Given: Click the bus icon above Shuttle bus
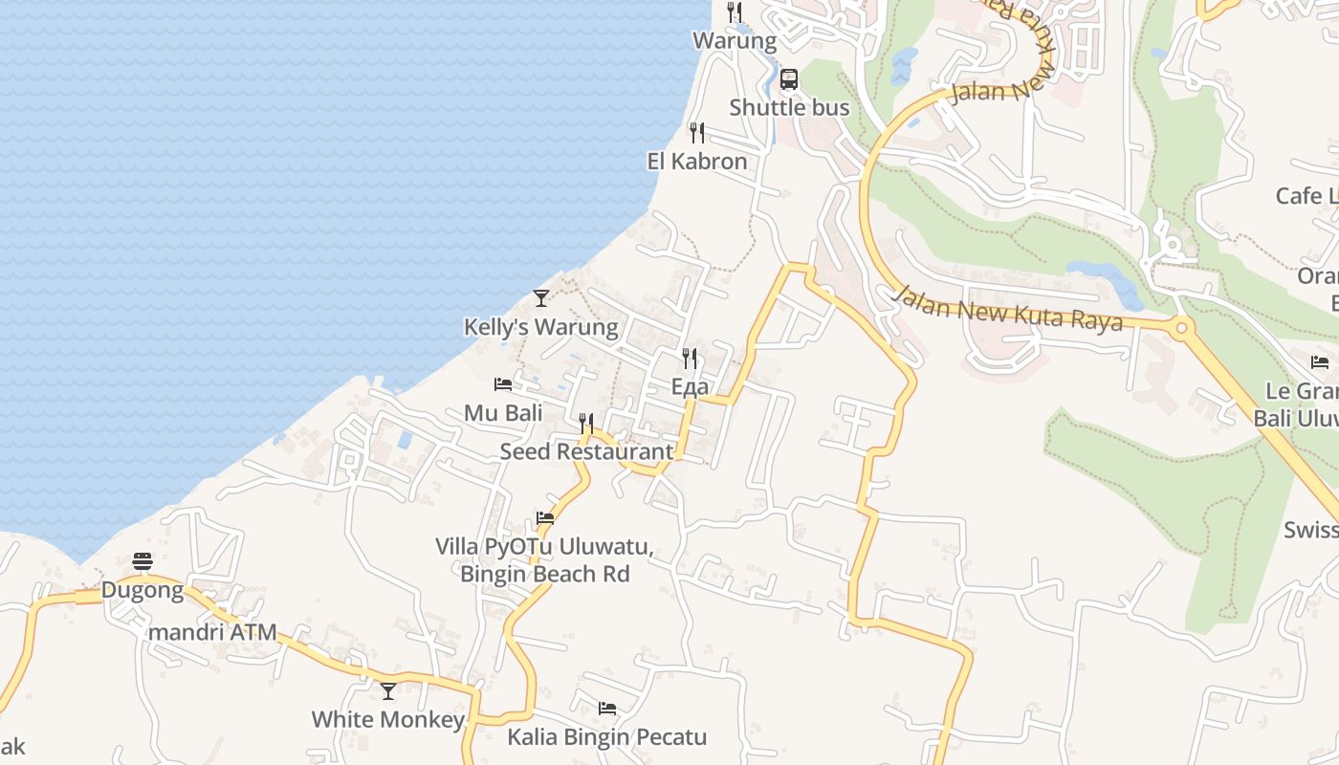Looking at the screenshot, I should click(x=789, y=79).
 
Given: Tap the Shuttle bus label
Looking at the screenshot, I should click(x=789, y=107).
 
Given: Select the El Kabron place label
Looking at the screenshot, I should click(x=697, y=161).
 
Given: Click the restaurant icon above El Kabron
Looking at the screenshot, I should click(x=697, y=133).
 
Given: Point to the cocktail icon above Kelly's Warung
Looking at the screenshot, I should click(x=541, y=298).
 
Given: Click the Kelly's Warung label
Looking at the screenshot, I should click(x=541, y=327).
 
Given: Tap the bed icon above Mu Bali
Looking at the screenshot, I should click(x=503, y=384).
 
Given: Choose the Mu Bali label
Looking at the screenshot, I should click(x=503, y=413).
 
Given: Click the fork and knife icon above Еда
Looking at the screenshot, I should click(x=690, y=359).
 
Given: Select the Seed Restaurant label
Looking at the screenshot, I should click(x=586, y=451).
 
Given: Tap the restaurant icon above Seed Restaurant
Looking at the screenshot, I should click(x=586, y=423).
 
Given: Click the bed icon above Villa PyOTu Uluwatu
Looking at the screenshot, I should click(x=545, y=518).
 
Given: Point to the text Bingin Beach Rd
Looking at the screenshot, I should click(x=545, y=574).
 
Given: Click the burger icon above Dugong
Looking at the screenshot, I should click(x=143, y=561).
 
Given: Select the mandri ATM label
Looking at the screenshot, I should click(x=211, y=632).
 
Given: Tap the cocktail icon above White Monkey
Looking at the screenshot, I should click(x=388, y=690).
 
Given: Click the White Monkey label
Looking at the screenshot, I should click(x=388, y=719).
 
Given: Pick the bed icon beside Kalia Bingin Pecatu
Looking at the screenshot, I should click(x=607, y=709).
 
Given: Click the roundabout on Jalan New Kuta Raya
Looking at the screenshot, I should click(x=1182, y=328).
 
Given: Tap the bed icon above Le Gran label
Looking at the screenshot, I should click(x=1320, y=362).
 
